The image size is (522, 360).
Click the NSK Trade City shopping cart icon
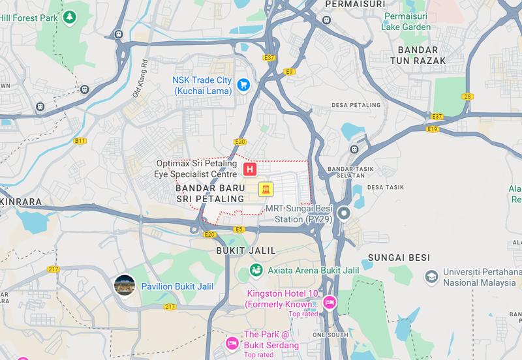pos(243,85)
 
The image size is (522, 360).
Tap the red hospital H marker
pos(249,170)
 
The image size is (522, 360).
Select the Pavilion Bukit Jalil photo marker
pos(125,285)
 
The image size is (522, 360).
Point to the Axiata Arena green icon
pos(256,270)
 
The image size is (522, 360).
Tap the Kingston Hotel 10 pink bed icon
pos(330,302)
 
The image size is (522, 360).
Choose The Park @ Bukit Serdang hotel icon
pos(232,343)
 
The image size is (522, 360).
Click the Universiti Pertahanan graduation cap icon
pos(431,277)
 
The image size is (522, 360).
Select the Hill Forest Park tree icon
pos(69,18)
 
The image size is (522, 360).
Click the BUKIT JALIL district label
pos(246,250)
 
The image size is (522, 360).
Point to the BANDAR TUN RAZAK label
pos(422,55)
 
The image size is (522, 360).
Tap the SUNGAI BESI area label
pos(399,258)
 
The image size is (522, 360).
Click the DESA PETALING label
pos(356,105)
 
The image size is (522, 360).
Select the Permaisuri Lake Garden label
pos(408,22)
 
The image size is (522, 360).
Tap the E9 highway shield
pos(290,72)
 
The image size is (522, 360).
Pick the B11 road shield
pos(80,140)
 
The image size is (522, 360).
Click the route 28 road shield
pos(467,97)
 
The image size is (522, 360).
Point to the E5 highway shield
pos(239,229)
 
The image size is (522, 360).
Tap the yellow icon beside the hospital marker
pos(266,189)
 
